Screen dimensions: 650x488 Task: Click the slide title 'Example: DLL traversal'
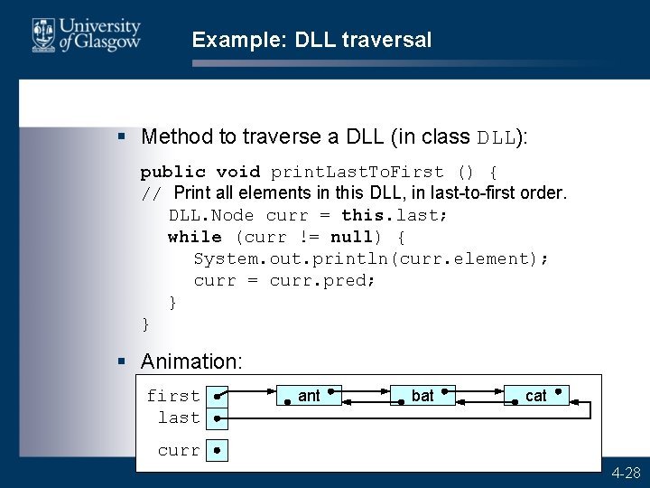[311, 40]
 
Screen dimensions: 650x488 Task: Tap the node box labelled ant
[309, 396]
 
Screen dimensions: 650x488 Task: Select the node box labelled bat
[422, 396]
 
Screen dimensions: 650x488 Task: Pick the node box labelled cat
[536, 396]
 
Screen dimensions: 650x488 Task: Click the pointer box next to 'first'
[217, 397]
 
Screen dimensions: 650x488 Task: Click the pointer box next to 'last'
[217, 418]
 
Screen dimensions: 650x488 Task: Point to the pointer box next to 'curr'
[217, 450]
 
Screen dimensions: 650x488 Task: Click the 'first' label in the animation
[173, 396]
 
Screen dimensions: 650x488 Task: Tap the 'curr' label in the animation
[179, 450]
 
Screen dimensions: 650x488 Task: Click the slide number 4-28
[626, 473]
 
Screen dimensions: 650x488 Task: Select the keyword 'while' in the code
[194, 237]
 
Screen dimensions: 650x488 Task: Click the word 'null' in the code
[351, 237]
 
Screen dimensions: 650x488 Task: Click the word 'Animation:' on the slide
[191, 361]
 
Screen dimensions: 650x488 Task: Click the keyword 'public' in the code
[172, 172]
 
